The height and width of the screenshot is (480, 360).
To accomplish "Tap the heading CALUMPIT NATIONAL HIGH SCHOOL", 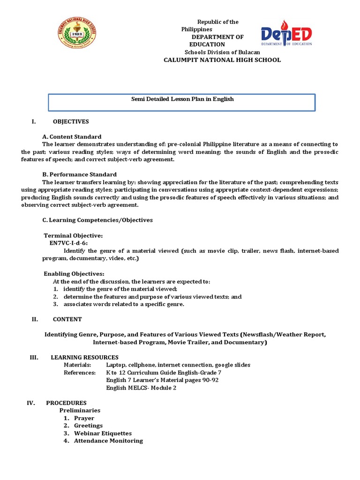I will pyautogui.click(x=222, y=60).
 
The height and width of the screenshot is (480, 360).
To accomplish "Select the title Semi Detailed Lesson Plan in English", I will pyautogui.click(x=182, y=99).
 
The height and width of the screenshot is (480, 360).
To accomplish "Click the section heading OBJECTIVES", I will pyautogui.click(x=71, y=122).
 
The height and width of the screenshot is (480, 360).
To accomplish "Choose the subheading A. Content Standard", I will pyautogui.click(x=72, y=137).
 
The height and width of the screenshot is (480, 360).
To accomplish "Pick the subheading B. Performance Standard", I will pyautogui.click(x=79, y=174).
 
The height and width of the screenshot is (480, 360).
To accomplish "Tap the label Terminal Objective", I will pyautogui.click(x=73, y=235).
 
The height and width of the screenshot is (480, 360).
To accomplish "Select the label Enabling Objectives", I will pyautogui.click(x=74, y=274).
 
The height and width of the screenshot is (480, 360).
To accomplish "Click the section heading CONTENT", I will pyautogui.click(x=67, y=319).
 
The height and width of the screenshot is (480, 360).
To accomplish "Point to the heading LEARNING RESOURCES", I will pyautogui.click(x=84, y=357).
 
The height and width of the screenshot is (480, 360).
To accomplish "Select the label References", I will pyautogui.click(x=80, y=372).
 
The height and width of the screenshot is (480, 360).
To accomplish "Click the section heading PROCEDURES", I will pyautogui.click(x=66, y=403).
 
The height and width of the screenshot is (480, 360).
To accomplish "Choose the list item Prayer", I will pyautogui.click(x=84, y=418).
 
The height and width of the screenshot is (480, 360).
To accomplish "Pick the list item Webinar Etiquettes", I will pyautogui.click(x=103, y=433).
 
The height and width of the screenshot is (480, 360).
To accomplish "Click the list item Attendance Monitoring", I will pyautogui.click(x=108, y=441).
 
